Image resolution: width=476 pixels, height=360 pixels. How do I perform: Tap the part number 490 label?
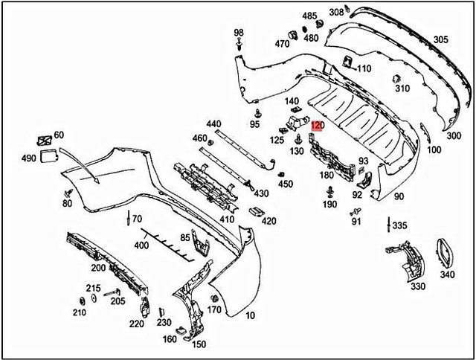click(x=28, y=158)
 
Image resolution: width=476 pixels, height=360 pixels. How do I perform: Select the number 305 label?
click(x=441, y=39)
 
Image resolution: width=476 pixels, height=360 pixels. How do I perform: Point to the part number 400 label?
click(x=141, y=245)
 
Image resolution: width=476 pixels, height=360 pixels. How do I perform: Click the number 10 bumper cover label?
click(x=250, y=315)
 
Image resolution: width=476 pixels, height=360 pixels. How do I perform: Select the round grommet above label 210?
click(x=80, y=300)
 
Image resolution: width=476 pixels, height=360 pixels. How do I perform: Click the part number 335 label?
click(x=399, y=225)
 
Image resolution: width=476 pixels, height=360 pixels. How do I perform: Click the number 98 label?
click(x=239, y=33)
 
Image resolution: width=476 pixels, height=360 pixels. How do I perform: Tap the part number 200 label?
click(x=98, y=268)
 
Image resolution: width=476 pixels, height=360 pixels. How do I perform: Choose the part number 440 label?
click(x=213, y=123)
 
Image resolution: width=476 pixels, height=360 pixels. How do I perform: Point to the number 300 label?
click(x=453, y=136)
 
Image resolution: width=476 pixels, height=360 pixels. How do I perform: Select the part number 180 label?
click(x=327, y=176)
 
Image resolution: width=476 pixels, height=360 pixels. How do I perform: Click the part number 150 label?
click(x=199, y=344)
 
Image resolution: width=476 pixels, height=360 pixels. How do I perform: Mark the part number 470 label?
click(x=282, y=44)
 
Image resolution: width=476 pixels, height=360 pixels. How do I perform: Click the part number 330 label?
click(x=417, y=286)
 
